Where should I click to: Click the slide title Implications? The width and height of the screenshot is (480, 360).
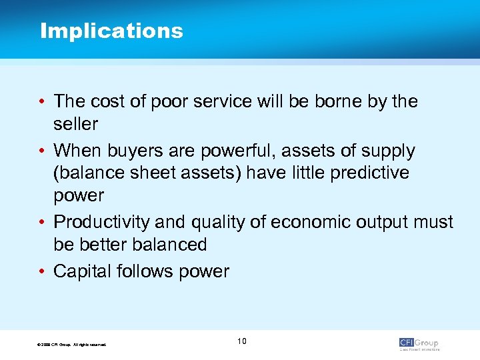[111, 31]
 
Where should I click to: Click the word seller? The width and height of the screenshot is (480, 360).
[75, 124]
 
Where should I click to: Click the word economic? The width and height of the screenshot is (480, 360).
[315, 222]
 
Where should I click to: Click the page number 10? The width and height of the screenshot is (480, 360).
[241, 341]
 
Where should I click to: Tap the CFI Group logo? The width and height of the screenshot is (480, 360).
[419, 343]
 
